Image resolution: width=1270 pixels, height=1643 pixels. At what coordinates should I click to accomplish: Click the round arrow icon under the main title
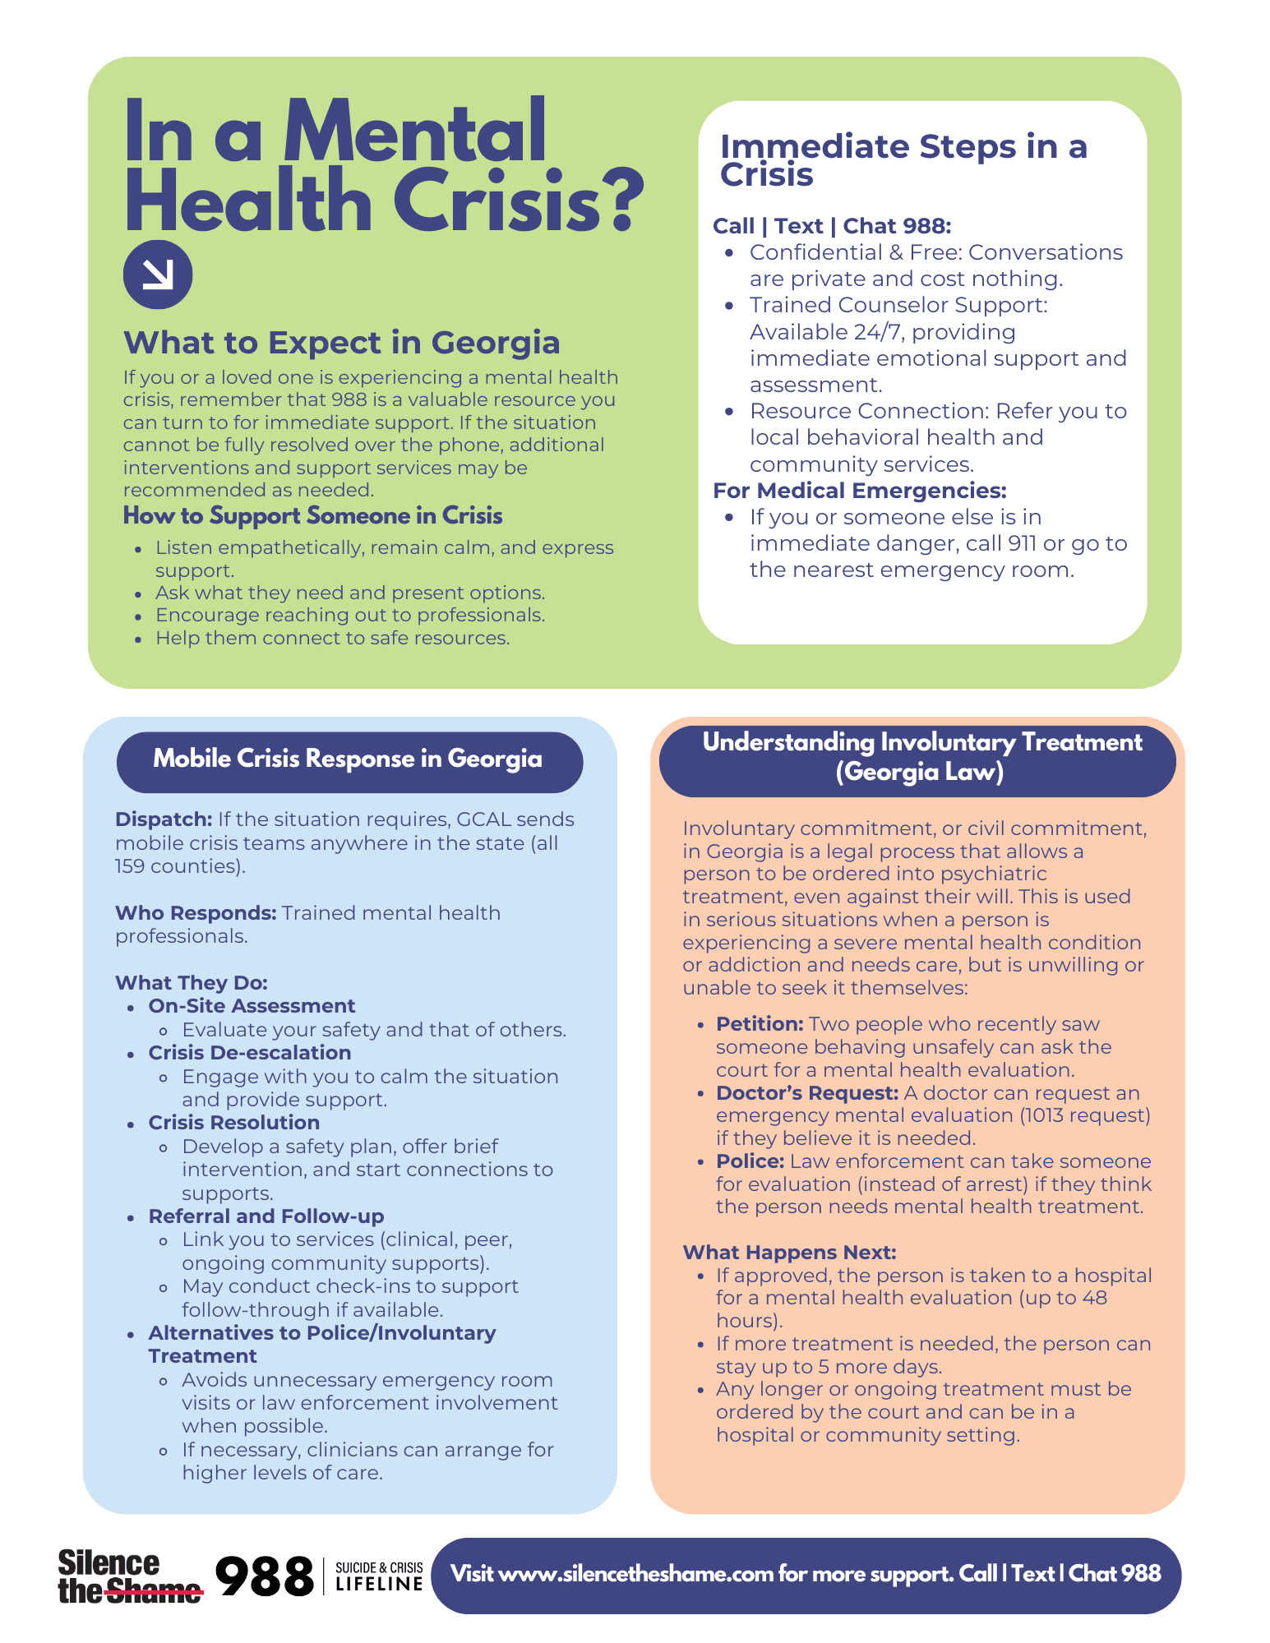(x=157, y=275)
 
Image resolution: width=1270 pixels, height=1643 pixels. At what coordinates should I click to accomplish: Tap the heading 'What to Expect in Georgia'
(x=341, y=343)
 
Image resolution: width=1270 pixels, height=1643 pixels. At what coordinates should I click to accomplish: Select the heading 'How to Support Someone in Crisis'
(x=312, y=516)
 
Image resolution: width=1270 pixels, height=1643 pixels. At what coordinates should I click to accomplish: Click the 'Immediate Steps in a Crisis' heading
(x=903, y=160)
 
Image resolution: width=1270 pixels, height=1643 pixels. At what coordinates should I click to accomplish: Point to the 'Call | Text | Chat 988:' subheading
(x=832, y=226)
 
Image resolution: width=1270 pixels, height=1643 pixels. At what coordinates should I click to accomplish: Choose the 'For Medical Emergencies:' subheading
(x=859, y=491)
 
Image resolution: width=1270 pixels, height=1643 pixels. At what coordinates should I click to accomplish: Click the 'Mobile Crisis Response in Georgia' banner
(x=349, y=759)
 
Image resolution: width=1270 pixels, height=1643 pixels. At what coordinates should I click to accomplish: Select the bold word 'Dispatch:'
(x=164, y=819)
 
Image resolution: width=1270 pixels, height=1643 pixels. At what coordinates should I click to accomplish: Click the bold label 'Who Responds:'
(x=196, y=913)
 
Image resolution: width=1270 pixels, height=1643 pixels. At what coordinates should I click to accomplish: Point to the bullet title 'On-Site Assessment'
(x=252, y=1006)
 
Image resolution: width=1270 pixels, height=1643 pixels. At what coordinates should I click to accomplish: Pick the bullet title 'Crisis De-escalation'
(x=249, y=1053)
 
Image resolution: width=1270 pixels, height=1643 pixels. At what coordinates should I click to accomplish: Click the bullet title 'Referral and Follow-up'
(x=266, y=1216)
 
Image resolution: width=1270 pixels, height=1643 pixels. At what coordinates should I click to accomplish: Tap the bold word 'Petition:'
(x=759, y=1024)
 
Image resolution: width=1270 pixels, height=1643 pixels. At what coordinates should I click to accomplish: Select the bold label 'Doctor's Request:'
(x=806, y=1093)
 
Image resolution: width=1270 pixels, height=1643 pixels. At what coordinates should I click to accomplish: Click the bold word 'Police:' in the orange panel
(x=750, y=1161)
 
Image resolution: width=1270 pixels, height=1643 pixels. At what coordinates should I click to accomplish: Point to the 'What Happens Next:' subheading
(x=789, y=1253)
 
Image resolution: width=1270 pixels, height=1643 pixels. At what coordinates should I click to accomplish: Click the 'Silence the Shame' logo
(x=129, y=1576)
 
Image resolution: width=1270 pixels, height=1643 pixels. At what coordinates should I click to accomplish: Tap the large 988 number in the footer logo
(x=264, y=1576)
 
